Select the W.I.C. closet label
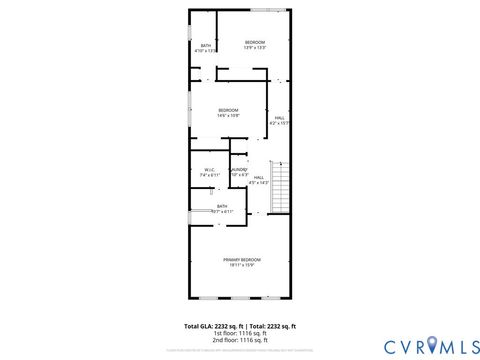click(x=210, y=169)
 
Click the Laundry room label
click(x=239, y=169)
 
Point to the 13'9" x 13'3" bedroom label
click(x=255, y=41)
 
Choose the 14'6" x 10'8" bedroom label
click(x=228, y=109)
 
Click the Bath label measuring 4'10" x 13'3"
click(x=206, y=45)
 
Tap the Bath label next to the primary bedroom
click(x=222, y=206)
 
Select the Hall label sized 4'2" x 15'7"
click(x=279, y=118)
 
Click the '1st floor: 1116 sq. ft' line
click(x=240, y=333)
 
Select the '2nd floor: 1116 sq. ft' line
click(x=240, y=340)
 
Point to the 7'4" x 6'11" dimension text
click(x=210, y=175)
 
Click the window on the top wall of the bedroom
click(x=265, y=10)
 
